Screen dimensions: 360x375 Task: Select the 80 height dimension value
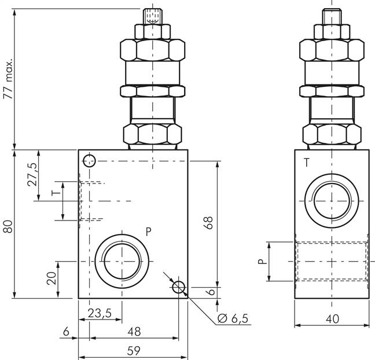pyautogui.click(x=8, y=225)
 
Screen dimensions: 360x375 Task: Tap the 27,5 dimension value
pyautogui.click(x=33, y=174)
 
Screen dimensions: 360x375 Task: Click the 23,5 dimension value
pyautogui.click(x=100, y=314)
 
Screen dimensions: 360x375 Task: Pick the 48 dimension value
pyautogui.click(x=134, y=332)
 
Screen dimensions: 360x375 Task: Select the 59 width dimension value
pyautogui.click(x=133, y=351)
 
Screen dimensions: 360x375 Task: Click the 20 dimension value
pyautogui.click(x=52, y=278)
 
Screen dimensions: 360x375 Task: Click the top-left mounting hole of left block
pyautogui.click(x=89, y=161)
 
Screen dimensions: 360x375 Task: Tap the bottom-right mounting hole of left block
pyautogui.click(x=178, y=287)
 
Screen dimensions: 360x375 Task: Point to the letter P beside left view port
pyautogui.click(x=148, y=232)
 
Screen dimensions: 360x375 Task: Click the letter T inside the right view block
pyautogui.click(x=306, y=164)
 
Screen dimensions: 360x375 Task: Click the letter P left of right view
pyautogui.click(x=262, y=261)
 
